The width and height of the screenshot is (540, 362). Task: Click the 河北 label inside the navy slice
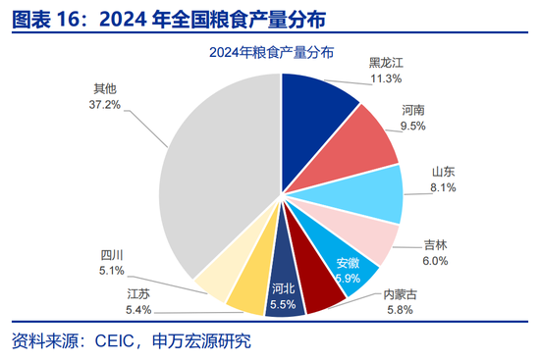click(283, 288)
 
